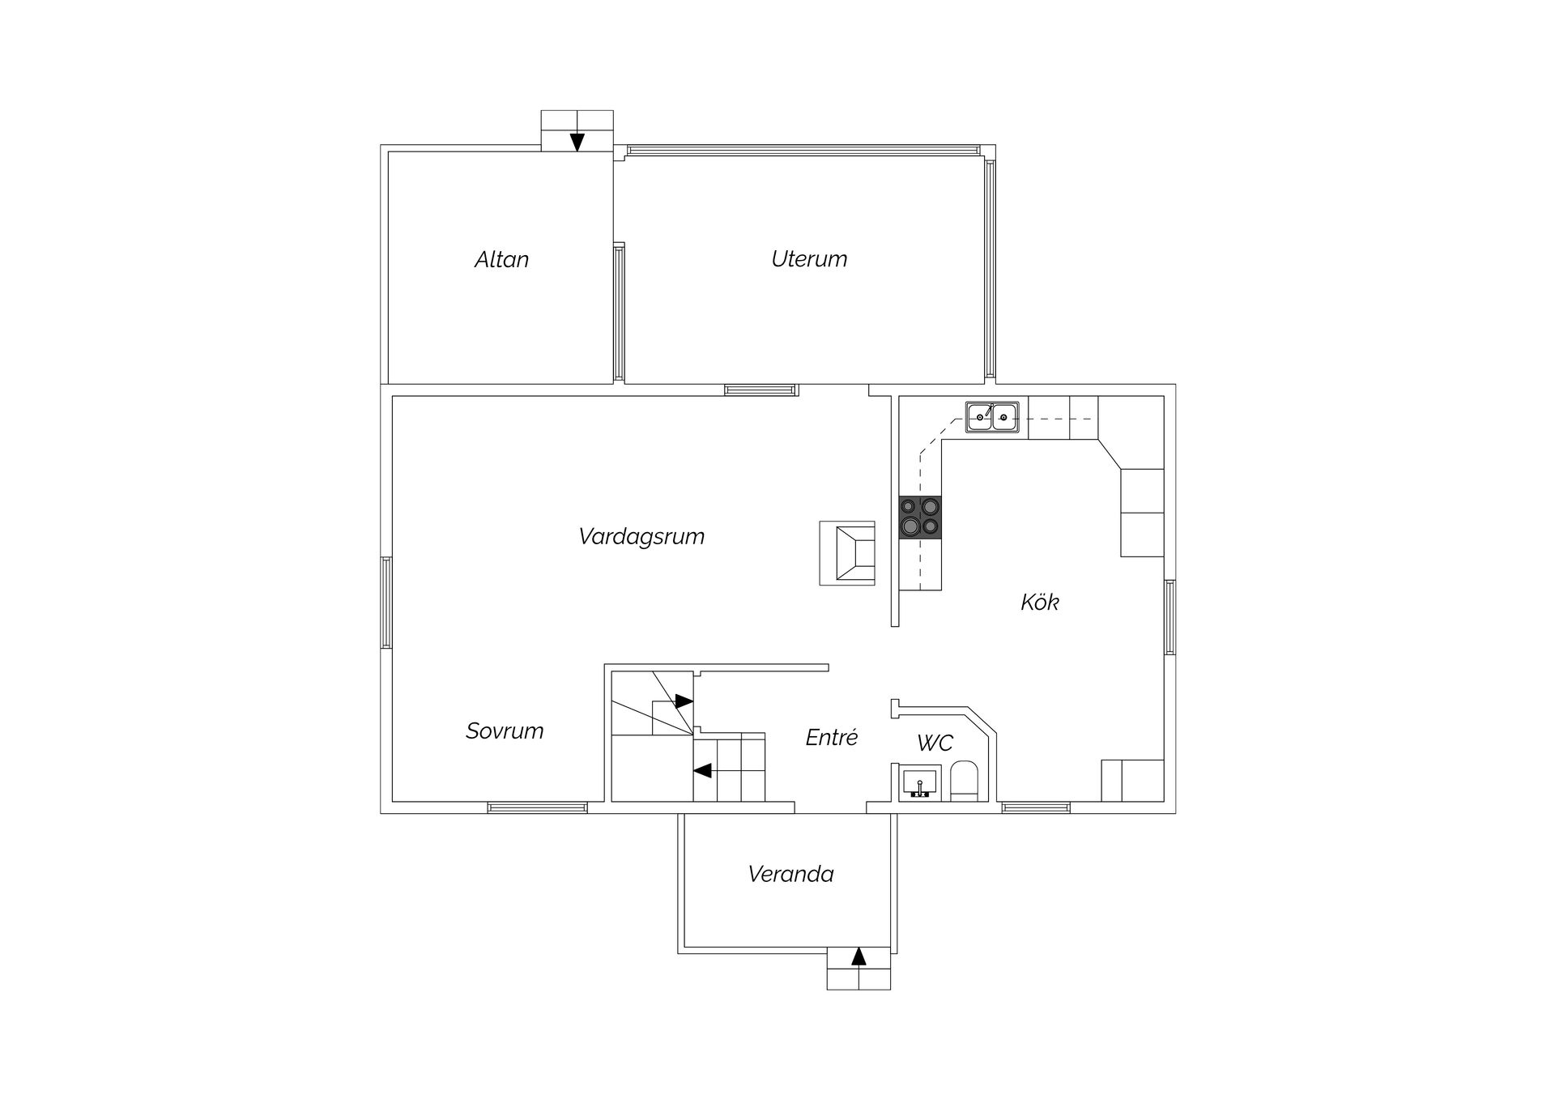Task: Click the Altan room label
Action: (x=501, y=259)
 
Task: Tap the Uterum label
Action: (x=809, y=259)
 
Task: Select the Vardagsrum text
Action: (x=641, y=537)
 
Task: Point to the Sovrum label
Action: (x=505, y=731)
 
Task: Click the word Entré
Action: (x=831, y=737)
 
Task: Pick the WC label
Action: (x=935, y=743)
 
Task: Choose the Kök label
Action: (x=1040, y=602)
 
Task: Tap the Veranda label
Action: (x=790, y=875)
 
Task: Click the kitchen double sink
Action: (x=992, y=417)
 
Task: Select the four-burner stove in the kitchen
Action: (x=920, y=517)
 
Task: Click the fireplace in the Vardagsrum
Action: (x=847, y=553)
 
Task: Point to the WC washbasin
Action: (x=920, y=783)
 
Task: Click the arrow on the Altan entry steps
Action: (x=577, y=142)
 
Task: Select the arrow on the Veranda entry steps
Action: (x=858, y=956)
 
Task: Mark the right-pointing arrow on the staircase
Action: (x=684, y=701)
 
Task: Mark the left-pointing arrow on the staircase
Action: (x=703, y=770)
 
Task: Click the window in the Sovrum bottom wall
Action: (x=538, y=807)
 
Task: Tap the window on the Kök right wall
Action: (x=1170, y=617)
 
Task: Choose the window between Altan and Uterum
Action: (x=619, y=312)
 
